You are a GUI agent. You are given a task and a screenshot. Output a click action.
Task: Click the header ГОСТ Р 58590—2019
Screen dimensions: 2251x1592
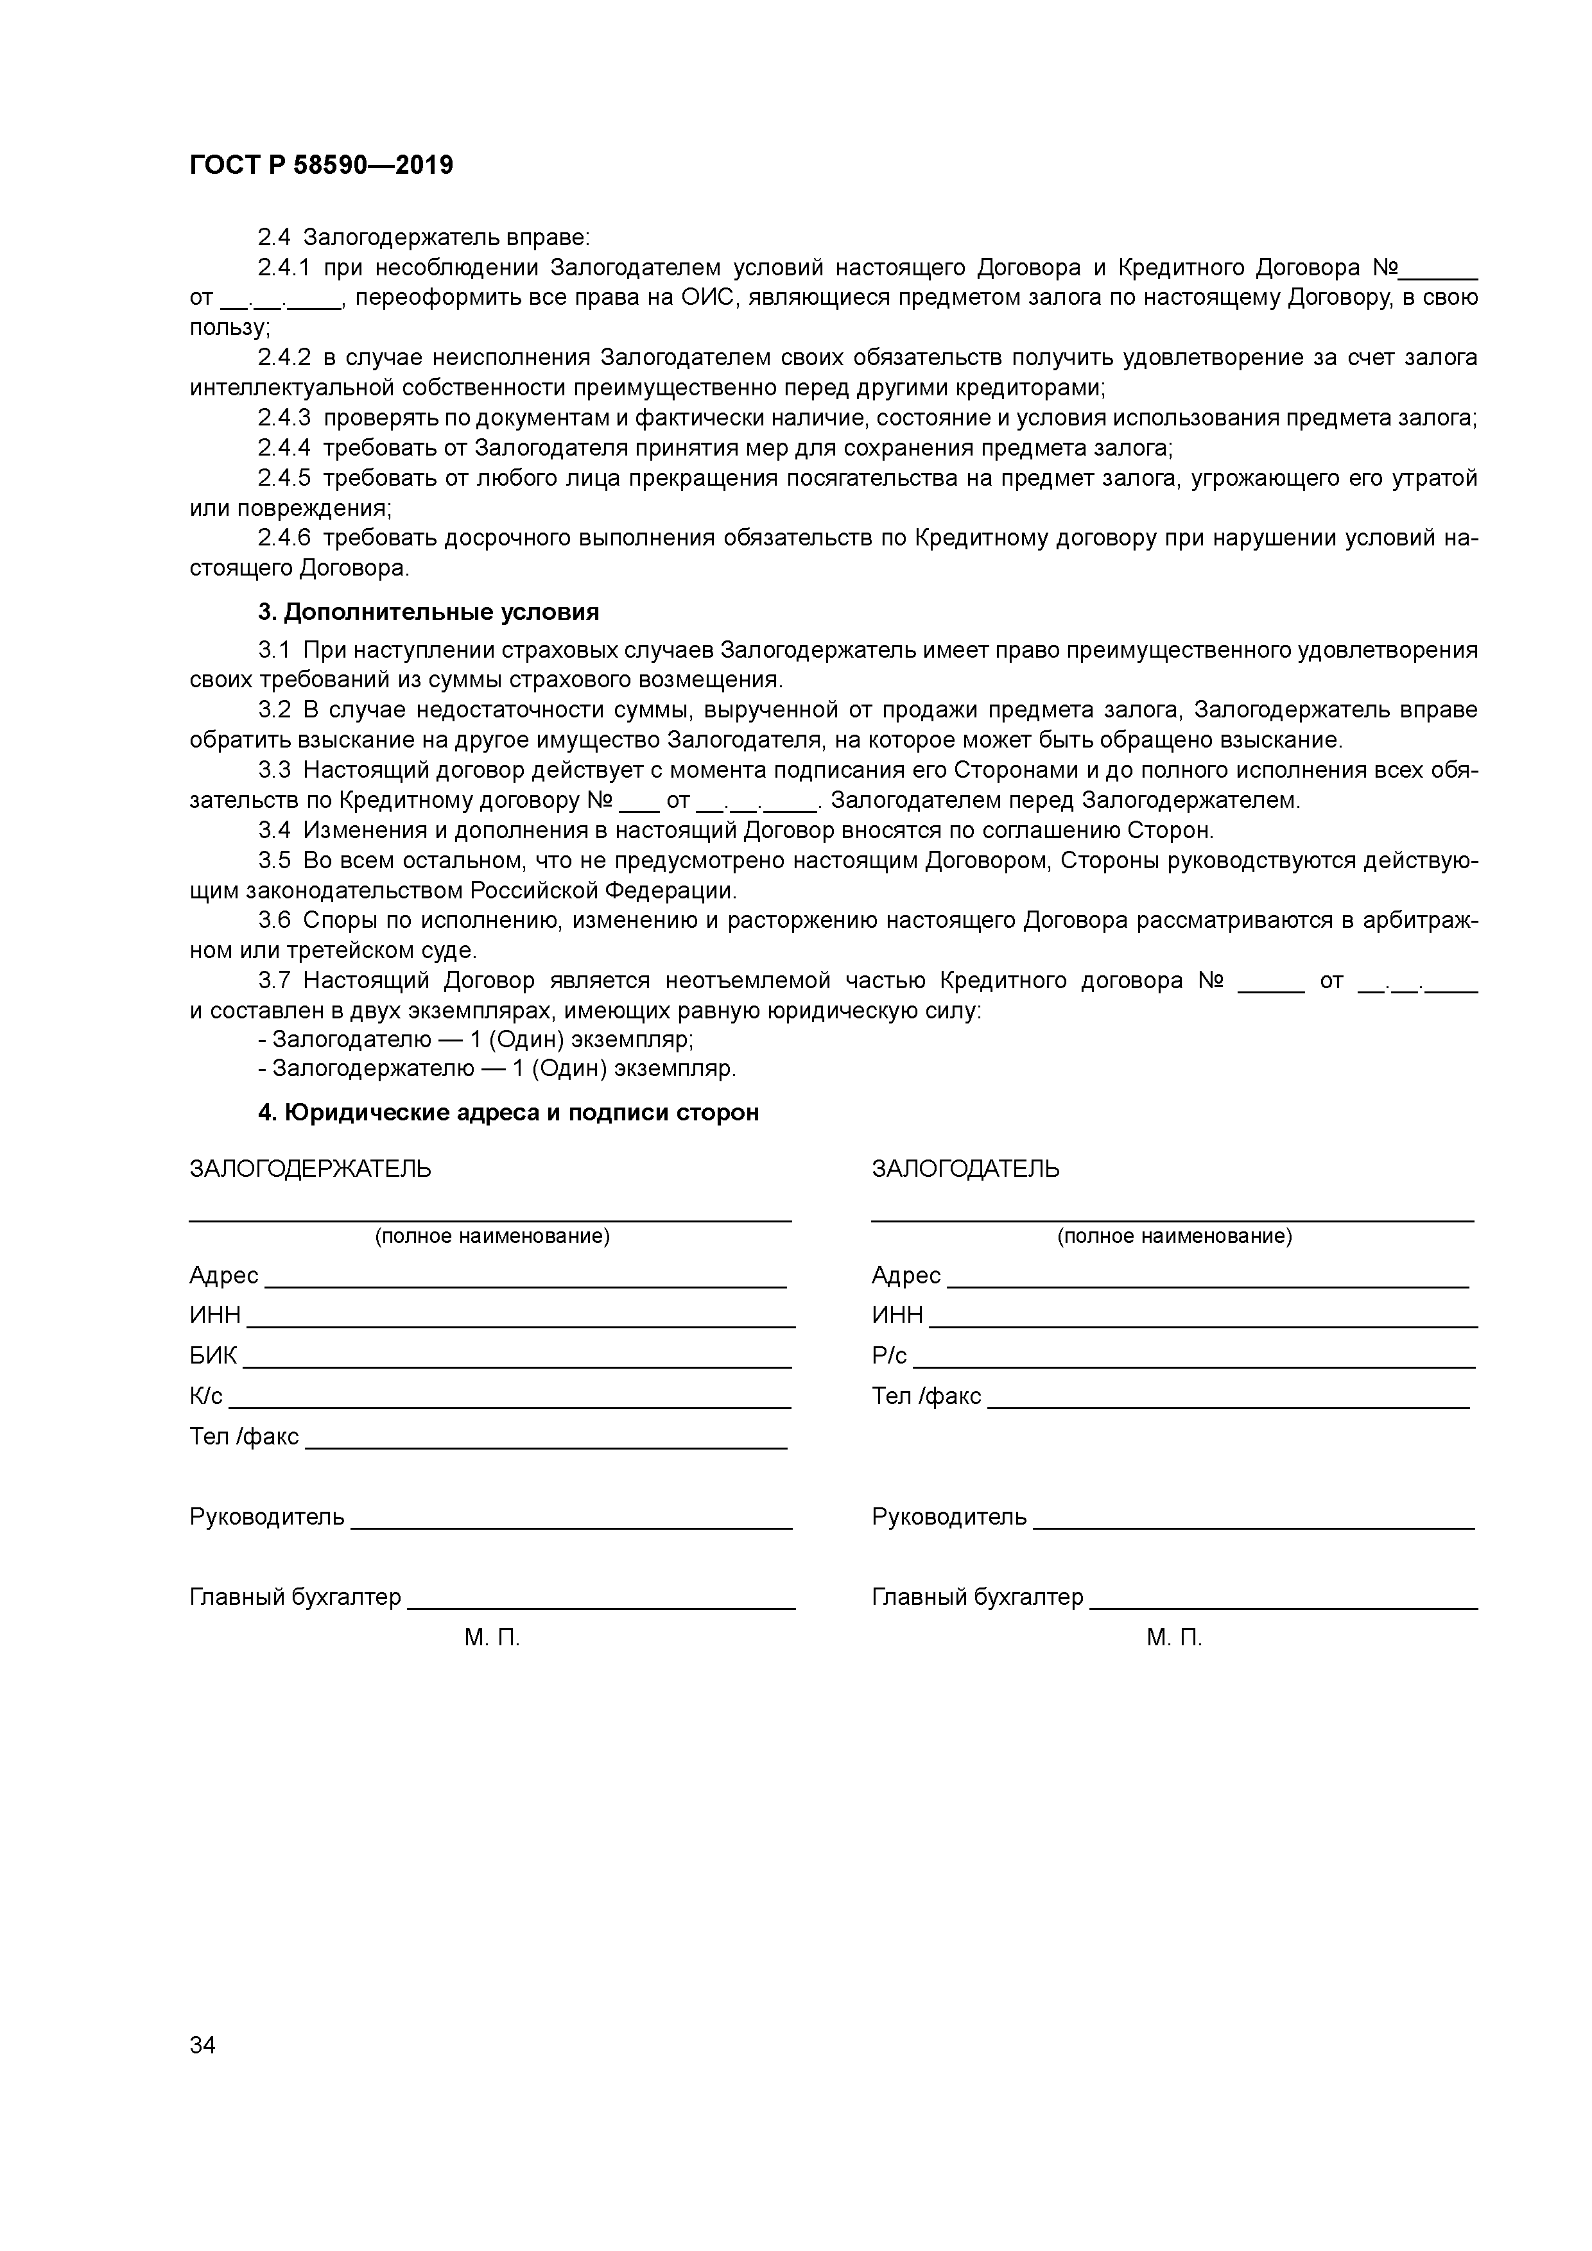(x=321, y=166)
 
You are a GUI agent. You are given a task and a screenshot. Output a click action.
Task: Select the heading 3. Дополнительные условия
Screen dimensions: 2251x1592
(x=428, y=613)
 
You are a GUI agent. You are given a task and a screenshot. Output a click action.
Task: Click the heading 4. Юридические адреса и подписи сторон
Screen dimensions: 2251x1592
(x=508, y=1113)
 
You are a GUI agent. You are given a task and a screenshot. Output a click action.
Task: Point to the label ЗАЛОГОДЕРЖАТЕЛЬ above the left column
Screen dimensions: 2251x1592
(x=310, y=1168)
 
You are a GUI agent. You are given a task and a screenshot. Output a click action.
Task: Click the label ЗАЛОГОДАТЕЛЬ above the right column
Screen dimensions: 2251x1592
(x=965, y=1168)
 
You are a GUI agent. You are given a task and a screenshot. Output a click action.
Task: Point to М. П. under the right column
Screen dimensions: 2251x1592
(x=1173, y=1638)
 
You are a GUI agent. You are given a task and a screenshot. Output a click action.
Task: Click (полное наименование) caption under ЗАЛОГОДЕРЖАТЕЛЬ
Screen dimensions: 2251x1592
(x=492, y=1237)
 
